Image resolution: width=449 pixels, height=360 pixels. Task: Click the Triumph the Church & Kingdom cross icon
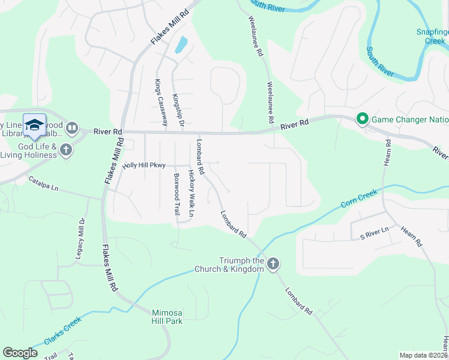(x=273, y=264)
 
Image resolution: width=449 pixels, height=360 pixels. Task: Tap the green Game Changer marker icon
(x=362, y=119)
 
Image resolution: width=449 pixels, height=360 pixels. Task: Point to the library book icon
(x=72, y=127)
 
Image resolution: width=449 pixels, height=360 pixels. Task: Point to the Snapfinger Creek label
(x=432, y=37)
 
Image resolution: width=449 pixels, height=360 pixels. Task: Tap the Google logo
(x=20, y=352)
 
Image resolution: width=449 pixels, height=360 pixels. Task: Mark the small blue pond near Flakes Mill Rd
(x=181, y=45)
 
